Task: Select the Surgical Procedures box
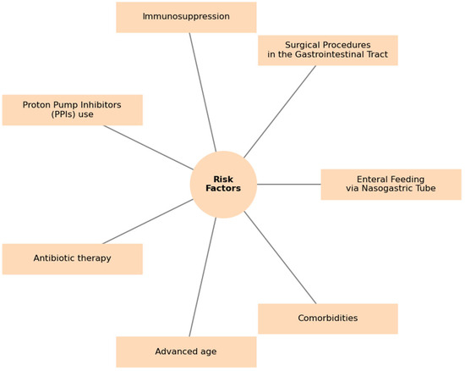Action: (327, 50)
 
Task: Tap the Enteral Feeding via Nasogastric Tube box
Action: (391, 185)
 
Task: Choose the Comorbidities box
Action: (327, 318)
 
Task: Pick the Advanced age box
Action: (186, 352)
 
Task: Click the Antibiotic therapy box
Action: (72, 259)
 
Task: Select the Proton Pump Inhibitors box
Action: (72, 110)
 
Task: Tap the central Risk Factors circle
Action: (223, 185)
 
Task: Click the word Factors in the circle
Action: (223, 189)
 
